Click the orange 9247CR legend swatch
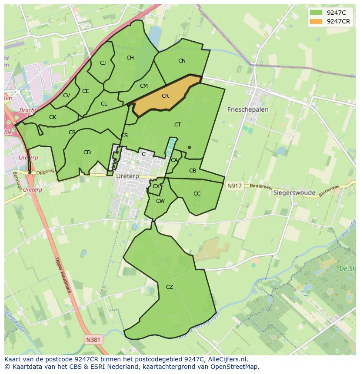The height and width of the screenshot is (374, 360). (316, 22)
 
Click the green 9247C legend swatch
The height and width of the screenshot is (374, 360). (316, 13)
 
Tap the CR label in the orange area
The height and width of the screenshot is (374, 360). (165, 96)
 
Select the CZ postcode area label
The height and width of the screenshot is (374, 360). (170, 287)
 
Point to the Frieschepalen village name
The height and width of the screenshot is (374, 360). (248, 110)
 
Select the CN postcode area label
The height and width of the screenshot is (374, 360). (182, 61)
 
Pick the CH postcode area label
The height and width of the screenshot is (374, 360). (130, 58)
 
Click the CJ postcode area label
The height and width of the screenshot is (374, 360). (103, 63)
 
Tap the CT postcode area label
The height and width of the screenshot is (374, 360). (177, 125)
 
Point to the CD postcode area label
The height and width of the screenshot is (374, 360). (87, 152)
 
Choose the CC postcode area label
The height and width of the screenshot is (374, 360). (197, 194)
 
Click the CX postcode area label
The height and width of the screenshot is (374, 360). (156, 186)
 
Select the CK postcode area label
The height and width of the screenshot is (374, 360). (53, 117)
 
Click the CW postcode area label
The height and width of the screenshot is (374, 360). (160, 201)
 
